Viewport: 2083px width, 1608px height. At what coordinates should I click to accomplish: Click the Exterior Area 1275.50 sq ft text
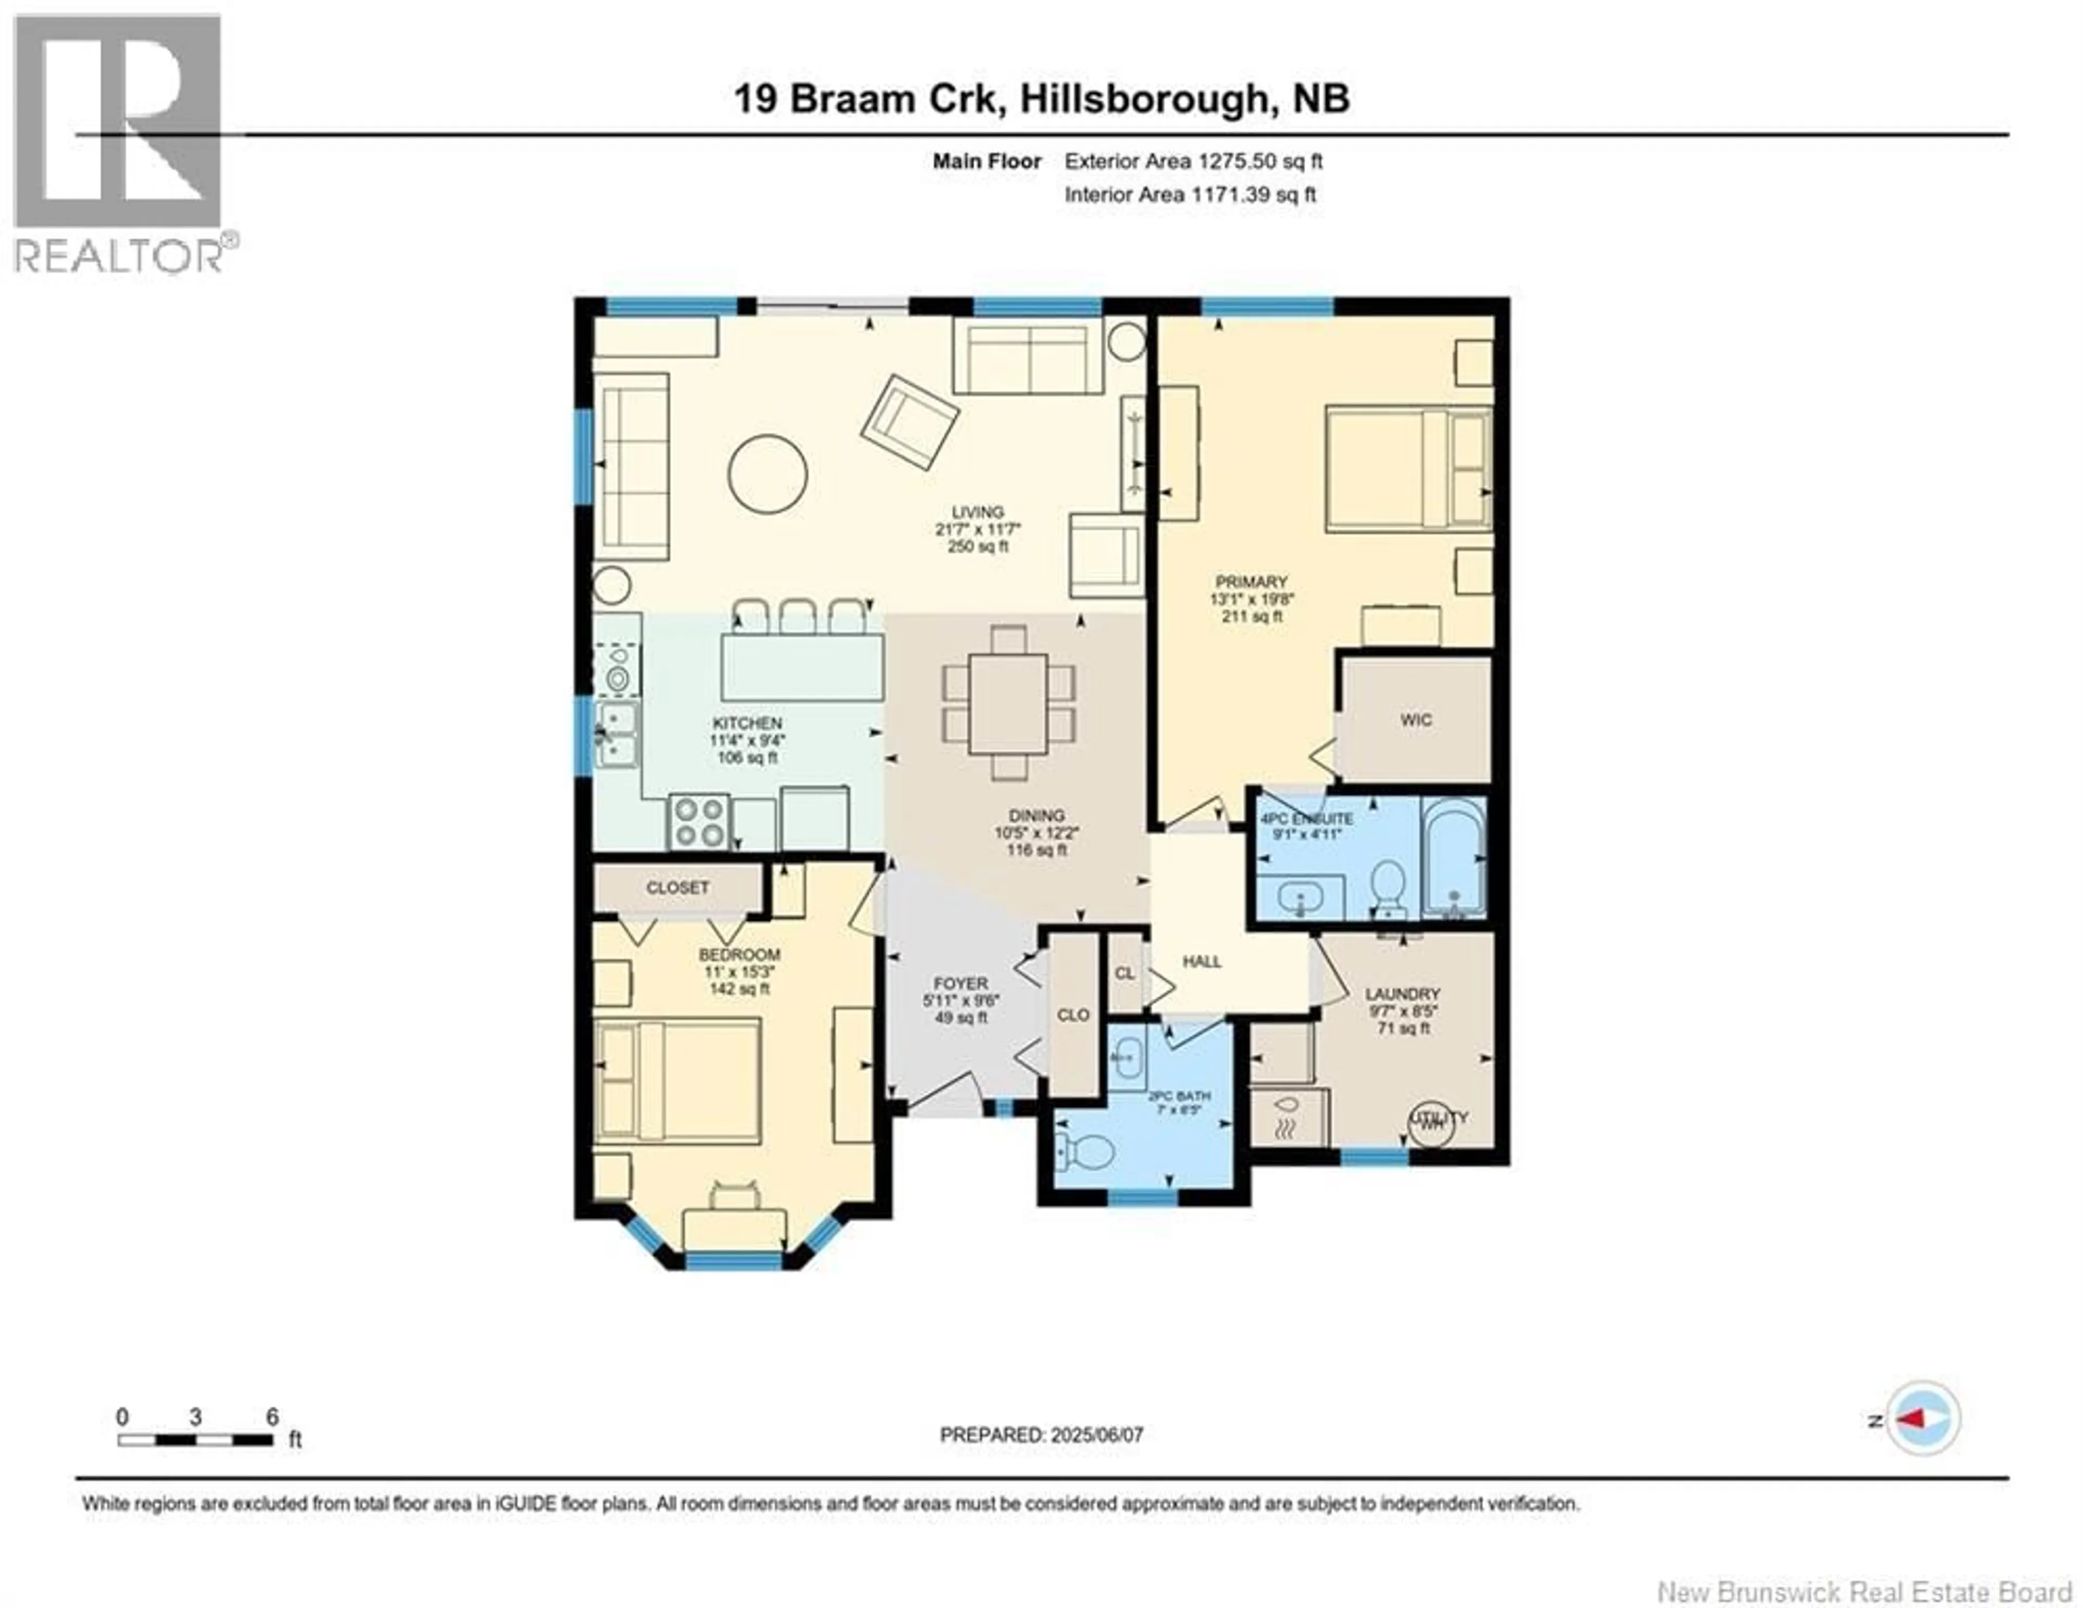tap(1193, 161)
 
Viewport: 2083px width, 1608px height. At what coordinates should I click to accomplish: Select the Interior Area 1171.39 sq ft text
tap(1190, 195)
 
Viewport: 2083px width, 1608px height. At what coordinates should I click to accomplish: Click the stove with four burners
tap(699, 822)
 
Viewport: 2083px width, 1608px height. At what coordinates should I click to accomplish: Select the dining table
tap(1008, 703)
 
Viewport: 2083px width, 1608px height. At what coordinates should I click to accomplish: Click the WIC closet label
tap(1415, 720)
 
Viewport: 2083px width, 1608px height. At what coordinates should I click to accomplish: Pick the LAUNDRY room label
tap(1402, 993)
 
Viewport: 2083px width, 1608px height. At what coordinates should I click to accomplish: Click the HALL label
tap(1202, 961)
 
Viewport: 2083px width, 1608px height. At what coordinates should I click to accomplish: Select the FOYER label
tap(961, 984)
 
